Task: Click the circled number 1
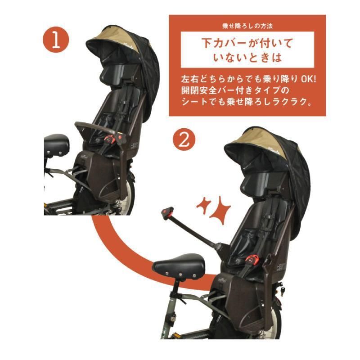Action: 56,40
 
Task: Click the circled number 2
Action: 184,139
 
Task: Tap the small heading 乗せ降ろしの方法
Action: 247,26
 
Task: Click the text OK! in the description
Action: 308,79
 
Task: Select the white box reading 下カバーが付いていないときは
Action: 247,49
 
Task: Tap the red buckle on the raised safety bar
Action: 168,213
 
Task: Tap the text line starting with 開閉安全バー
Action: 235,90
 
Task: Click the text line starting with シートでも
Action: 247,102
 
